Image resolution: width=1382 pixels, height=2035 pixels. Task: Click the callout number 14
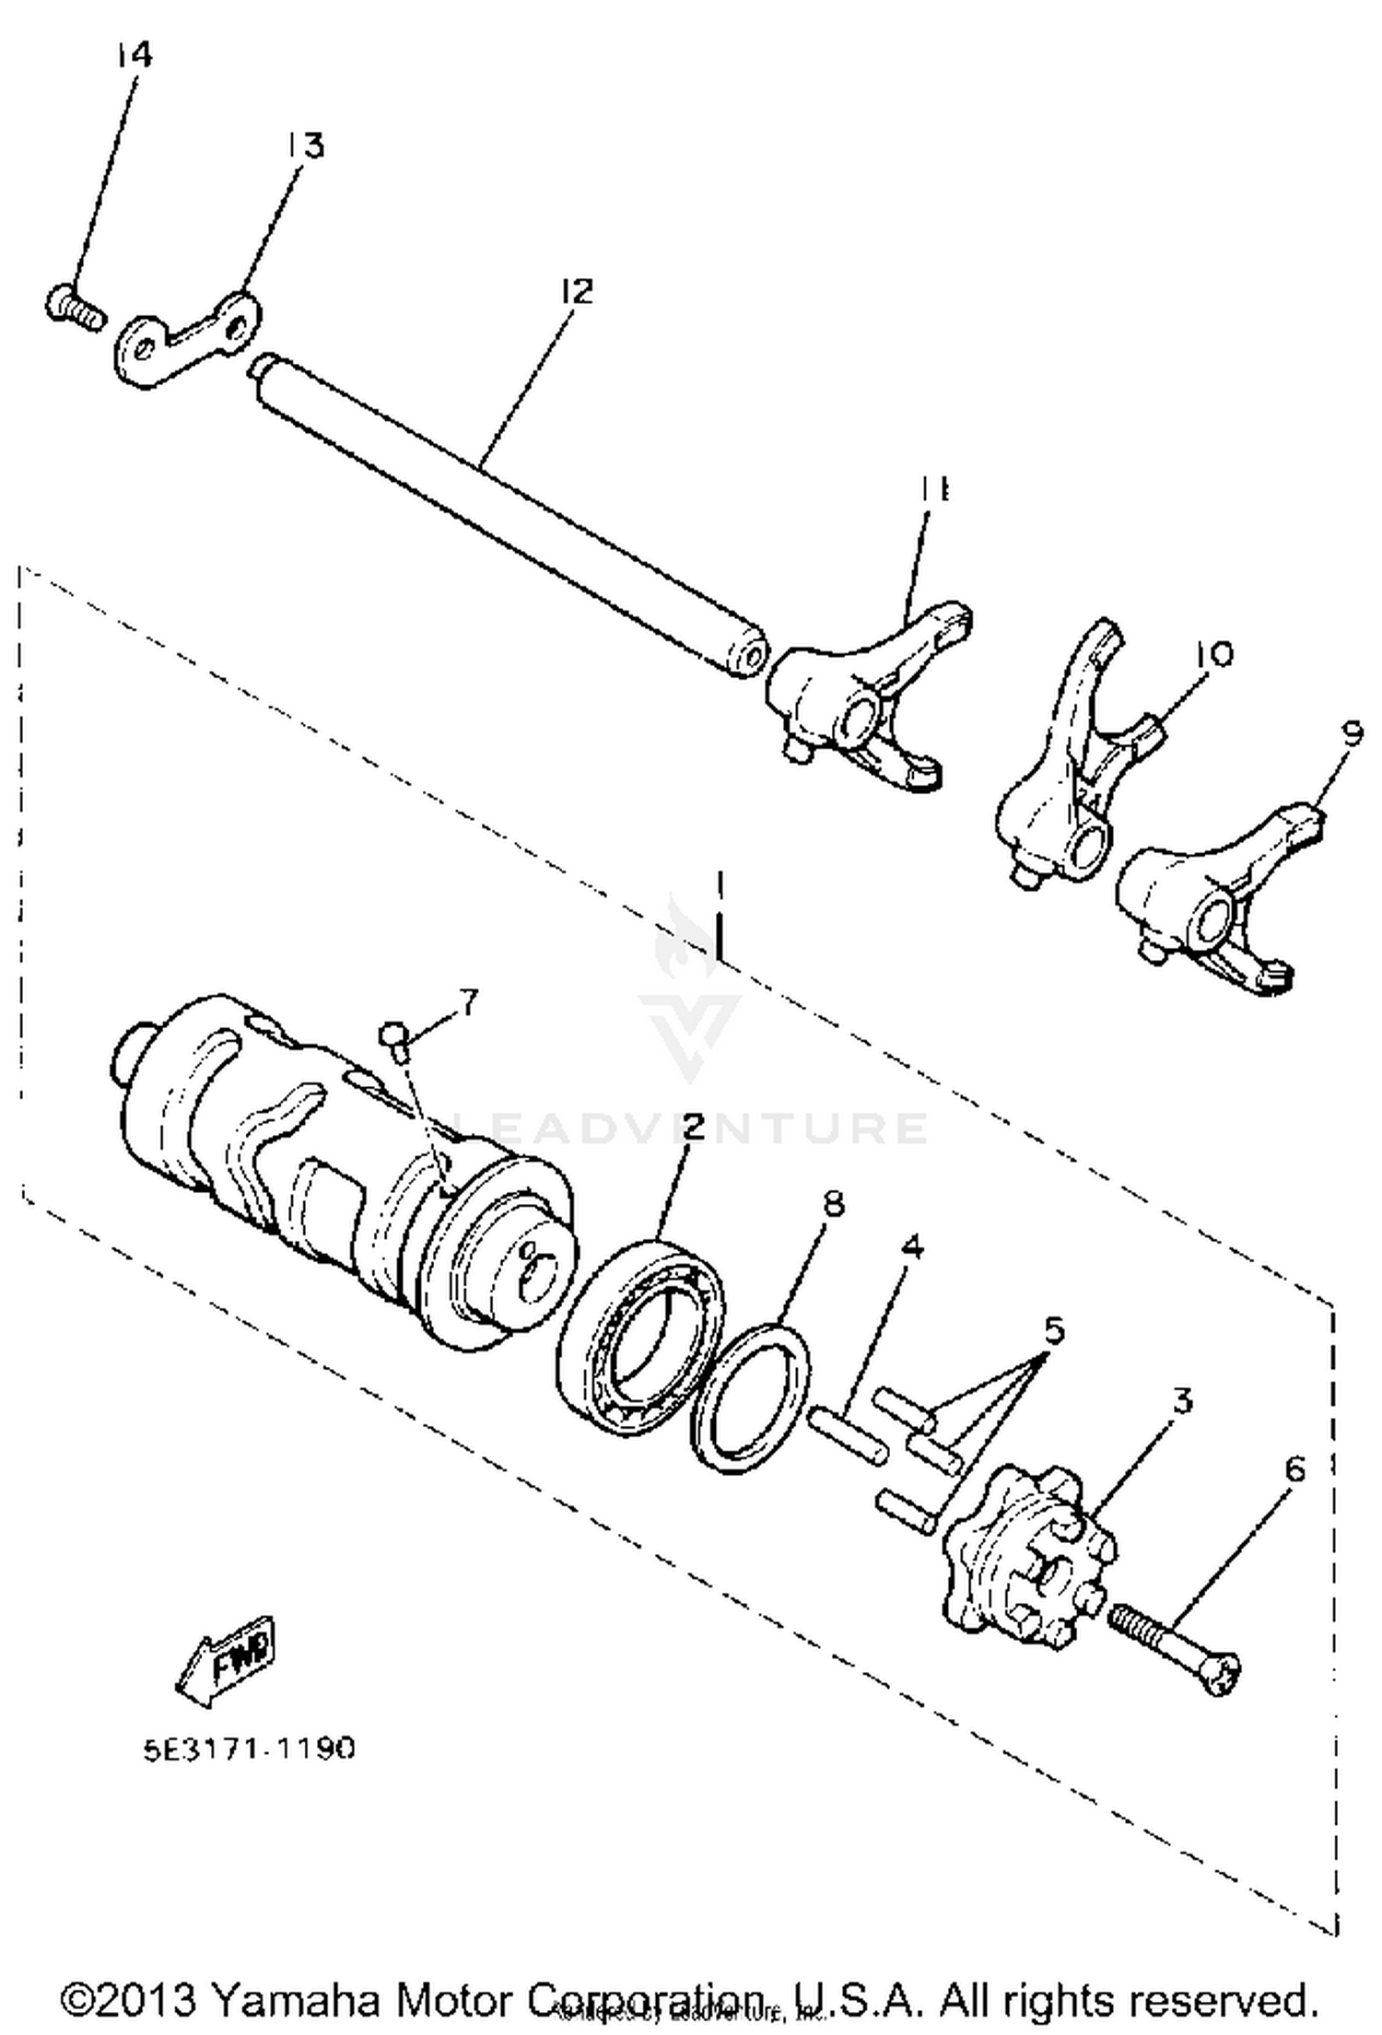click(134, 55)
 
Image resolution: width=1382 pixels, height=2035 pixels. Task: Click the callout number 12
click(576, 291)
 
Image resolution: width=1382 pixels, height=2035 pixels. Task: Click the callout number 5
click(1053, 1330)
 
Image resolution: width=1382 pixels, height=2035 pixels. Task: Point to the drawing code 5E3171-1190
click(249, 1748)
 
